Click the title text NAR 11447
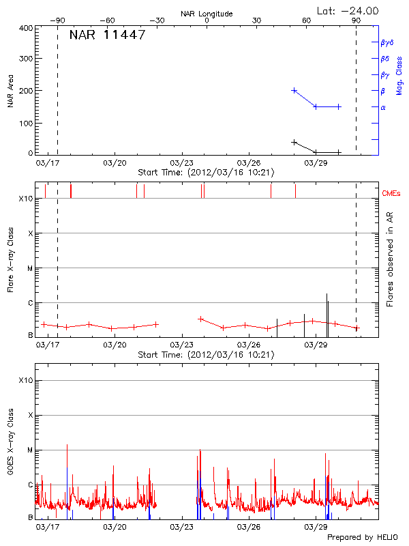point(107,35)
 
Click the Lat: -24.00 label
point(348,10)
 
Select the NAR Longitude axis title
point(207,14)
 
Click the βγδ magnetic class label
point(387,42)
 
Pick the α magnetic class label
point(383,107)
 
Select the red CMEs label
point(391,195)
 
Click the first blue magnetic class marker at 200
point(294,90)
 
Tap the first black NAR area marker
point(294,142)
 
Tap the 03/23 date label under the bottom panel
point(182,527)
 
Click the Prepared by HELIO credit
point(361,538)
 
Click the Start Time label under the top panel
point(206,173)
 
